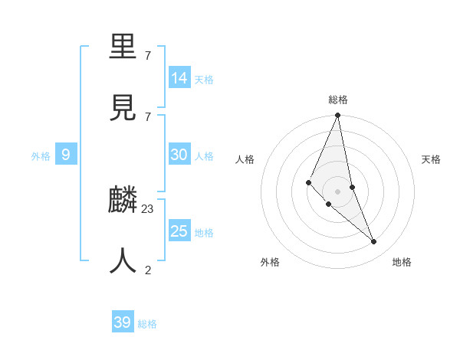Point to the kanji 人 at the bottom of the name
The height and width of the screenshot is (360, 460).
coord(123,260)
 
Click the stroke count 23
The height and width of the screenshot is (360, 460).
coord(148,208)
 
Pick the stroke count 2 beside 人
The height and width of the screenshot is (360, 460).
coord(148,269)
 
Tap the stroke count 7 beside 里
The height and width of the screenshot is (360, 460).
coord(148,56)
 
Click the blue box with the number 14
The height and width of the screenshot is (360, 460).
coord(179,78)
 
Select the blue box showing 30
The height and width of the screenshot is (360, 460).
coord(179,155)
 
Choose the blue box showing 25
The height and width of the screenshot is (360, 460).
coord(179,231)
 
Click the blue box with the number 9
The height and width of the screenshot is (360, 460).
coord(66,155)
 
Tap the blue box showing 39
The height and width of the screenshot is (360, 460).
coord(123,322)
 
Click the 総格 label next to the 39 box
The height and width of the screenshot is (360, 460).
coord(147,324)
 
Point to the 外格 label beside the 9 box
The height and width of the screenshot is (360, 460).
coord(41,156)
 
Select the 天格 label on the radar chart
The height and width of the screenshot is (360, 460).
coord(431,159)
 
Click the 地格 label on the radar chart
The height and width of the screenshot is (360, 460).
coord(402,262)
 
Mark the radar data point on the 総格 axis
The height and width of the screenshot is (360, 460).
coord(337,116)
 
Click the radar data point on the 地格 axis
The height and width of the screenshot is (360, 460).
coord(374,241)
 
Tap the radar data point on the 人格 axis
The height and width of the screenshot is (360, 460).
coord(308,182)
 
